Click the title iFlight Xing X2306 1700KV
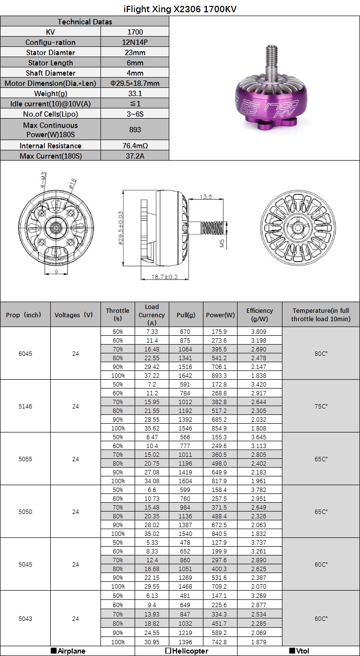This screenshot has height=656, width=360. tap(180, 9)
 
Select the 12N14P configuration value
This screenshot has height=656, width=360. tap(135, 42)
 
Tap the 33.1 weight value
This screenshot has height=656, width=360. tap(135, 94)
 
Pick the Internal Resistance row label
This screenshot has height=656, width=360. tap(50, 146)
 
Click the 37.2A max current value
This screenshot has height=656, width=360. tap(135, 156)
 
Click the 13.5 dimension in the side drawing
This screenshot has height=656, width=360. tap(206, 197)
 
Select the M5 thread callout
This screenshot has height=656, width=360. tap(222, 243)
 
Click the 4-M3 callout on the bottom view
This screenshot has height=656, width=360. tap(43, 181)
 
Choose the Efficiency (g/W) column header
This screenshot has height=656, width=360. tap(260, 315)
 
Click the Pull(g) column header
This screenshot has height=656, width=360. tap(186, 315)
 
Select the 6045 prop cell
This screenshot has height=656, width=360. tap(25, 353)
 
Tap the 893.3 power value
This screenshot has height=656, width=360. tap(219, 375)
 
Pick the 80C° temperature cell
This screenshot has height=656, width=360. tap(320, 353)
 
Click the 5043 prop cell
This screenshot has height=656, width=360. tap(25, 619)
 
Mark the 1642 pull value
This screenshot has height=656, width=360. tap(185, 375)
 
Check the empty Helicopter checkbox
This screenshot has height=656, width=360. tap(168, 651)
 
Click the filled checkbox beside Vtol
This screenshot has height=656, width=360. tap(292, 651)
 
